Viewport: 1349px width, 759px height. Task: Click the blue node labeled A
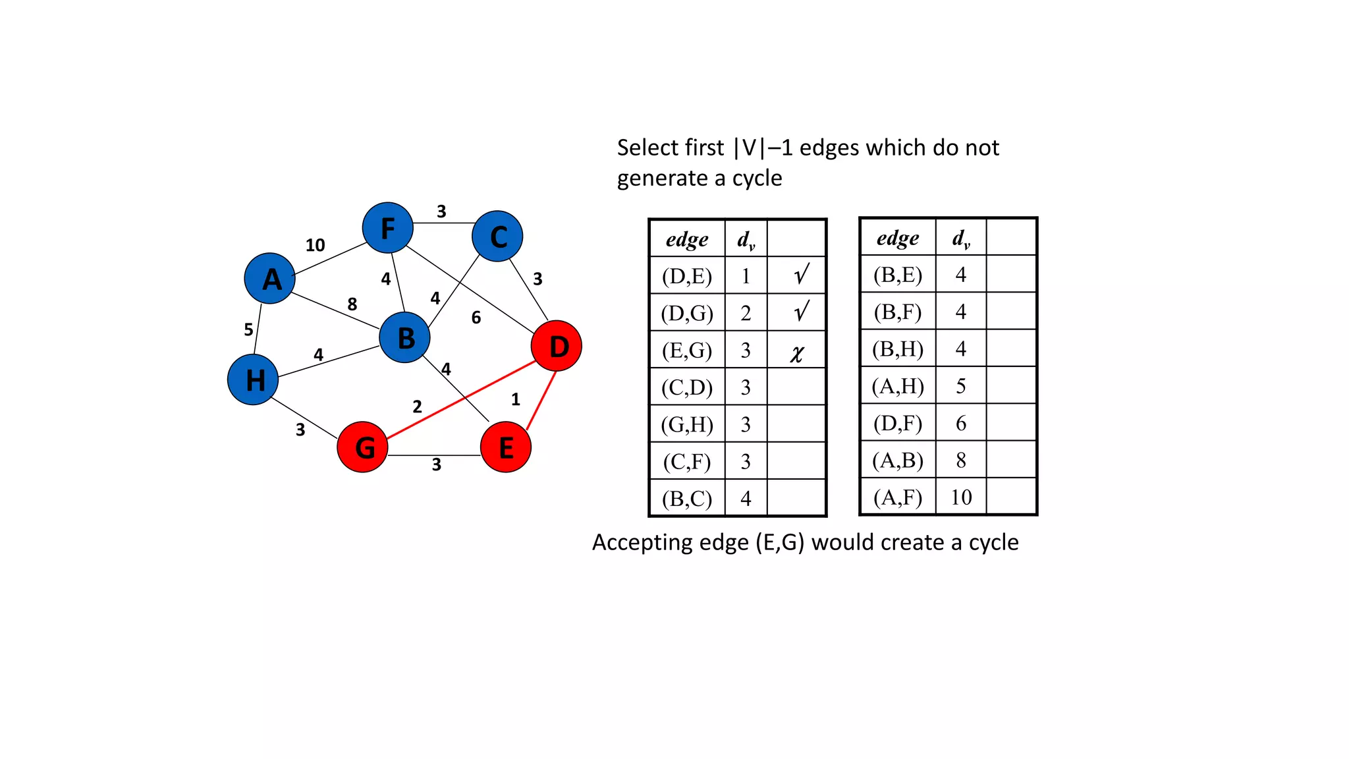(x=270, y=279)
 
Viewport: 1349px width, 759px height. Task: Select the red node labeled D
(x=557, y=346)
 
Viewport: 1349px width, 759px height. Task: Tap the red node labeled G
(x=362, y=447)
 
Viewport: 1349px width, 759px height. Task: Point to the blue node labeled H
(x=253, y=379)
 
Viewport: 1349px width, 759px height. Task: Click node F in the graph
(x=388, y=228)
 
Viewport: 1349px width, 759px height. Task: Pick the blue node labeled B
(x=405, y=337)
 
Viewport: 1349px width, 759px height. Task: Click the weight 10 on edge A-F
(x=315, y=245)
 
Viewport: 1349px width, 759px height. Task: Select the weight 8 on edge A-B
(x=352, y=304)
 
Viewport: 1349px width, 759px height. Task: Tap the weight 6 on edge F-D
(x=476, y=318)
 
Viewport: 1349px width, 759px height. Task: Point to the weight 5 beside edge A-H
(x=248, y=329)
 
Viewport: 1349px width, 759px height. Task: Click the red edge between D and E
(x=542, y=400)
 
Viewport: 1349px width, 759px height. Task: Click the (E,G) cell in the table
(x=687, y=350)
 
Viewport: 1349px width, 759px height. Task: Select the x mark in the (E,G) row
(x=797, y=353)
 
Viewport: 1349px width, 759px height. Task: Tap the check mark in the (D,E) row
(x=801, y=274)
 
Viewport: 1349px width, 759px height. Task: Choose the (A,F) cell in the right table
(x=898, y=497)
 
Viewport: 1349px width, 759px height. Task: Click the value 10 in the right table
(x=961, y=497)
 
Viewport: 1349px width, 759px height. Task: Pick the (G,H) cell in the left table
(x=687, y=424)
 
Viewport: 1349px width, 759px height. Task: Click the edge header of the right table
(x=898, y=237)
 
